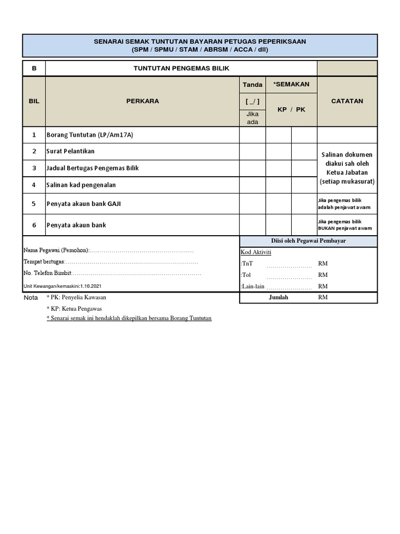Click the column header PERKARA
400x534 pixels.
coord(142,101)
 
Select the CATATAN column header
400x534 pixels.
coord(347,101)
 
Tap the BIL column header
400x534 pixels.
coord(34,101)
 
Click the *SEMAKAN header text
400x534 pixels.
coord(291,84)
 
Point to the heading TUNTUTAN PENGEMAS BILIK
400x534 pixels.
coord(181,68)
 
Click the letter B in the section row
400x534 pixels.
coord(34,68)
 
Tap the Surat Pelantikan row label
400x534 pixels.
coord(71,151)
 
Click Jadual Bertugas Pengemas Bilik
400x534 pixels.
coord(93,168)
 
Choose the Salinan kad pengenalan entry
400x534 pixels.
coord(81,185)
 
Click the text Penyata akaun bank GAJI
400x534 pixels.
coord(84,204)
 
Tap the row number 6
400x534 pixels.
coord(34,225)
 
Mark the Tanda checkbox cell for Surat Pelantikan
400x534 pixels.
coord(252,152)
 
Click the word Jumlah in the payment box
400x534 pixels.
coord(278,298)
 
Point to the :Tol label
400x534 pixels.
coord(246,275)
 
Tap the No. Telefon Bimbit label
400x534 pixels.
coord(47,273)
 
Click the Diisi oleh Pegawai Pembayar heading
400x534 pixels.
coord(308,241)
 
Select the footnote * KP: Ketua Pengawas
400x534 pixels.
coord(74,308)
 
